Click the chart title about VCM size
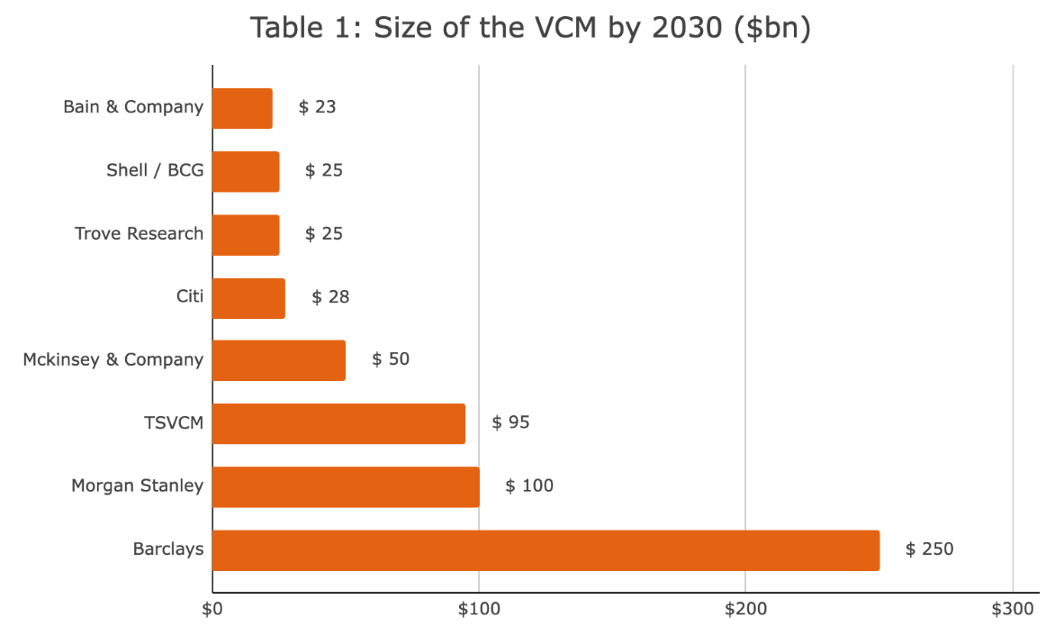tap(531, 28)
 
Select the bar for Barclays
tap(546, 549)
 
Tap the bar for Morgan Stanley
tap(346, 486)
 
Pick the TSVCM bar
tap(338, 423)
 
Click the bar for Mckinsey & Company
tap(279, 360)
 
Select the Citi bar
tap(249, 297)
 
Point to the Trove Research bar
tap(246, 234)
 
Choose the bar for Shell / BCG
tap(246, 171)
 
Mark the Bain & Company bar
tap(243, 108)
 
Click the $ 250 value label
tap(929, 549)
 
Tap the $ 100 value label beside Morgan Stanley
tap(529, 486)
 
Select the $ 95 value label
tap(510, 422)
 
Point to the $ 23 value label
tap(317, 107)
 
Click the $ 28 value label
tap(330, 296)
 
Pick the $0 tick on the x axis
tap(212, 610)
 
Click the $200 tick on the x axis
tap(745, 610)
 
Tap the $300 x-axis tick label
tap(1012, 610)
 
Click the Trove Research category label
tap(139, 233)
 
